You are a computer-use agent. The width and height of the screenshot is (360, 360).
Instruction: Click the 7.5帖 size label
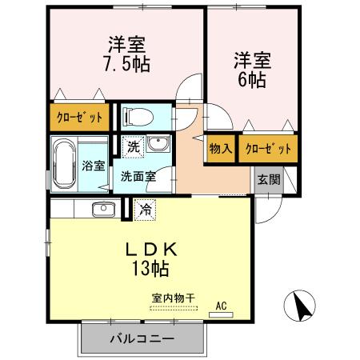127,62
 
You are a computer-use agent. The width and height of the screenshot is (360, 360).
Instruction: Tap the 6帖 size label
250,79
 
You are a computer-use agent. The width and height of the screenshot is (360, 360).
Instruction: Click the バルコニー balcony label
142,339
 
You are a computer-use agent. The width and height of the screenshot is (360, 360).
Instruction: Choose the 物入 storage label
221,149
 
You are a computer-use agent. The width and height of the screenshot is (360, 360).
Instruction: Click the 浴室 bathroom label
93,166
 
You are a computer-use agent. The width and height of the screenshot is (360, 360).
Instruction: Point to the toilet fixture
138,118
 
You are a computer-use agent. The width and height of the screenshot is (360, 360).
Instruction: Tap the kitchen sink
102,210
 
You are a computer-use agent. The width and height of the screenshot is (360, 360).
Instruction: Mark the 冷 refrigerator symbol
146,210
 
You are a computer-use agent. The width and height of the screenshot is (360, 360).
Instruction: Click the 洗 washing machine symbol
134,147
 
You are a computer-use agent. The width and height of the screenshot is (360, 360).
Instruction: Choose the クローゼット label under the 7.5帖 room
79,118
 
